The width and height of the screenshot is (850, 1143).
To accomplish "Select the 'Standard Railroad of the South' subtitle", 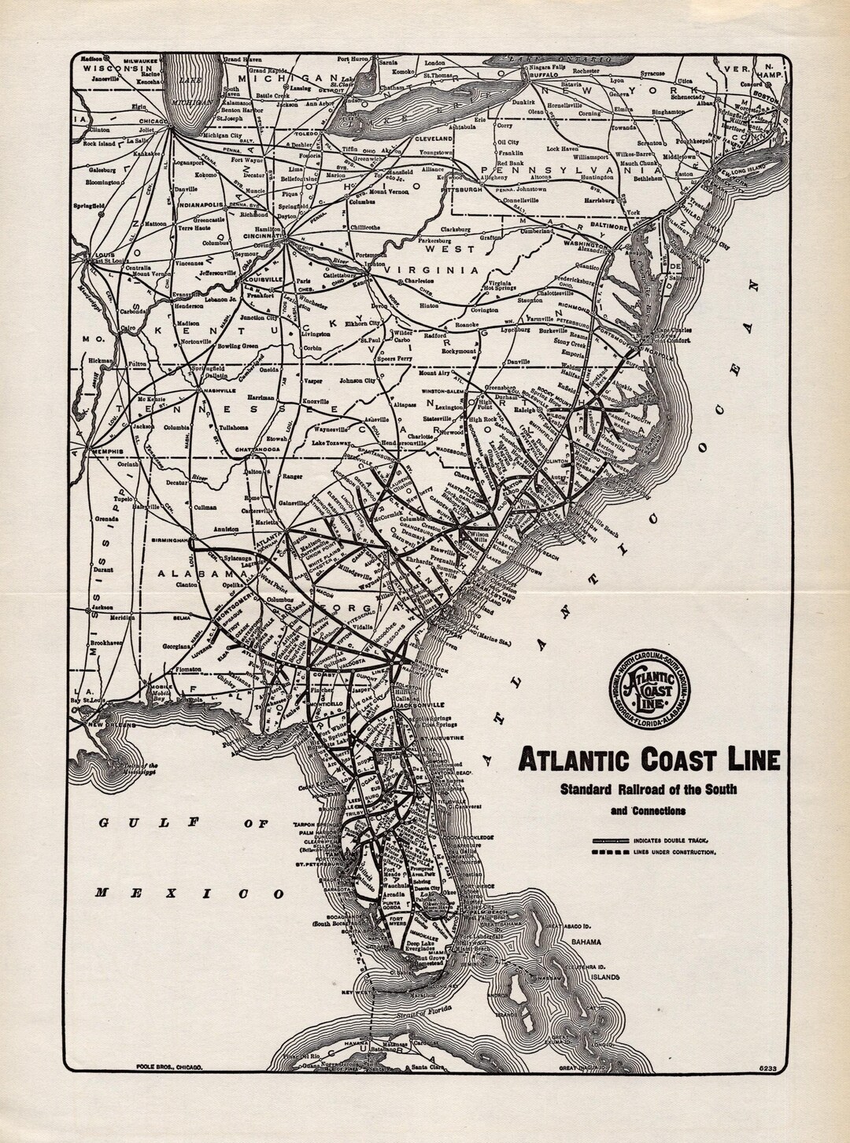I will [x=648, y=790].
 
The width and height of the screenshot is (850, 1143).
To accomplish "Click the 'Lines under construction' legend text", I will [x=675, y=853].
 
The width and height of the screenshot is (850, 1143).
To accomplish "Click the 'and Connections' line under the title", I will [x=647, y=811].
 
